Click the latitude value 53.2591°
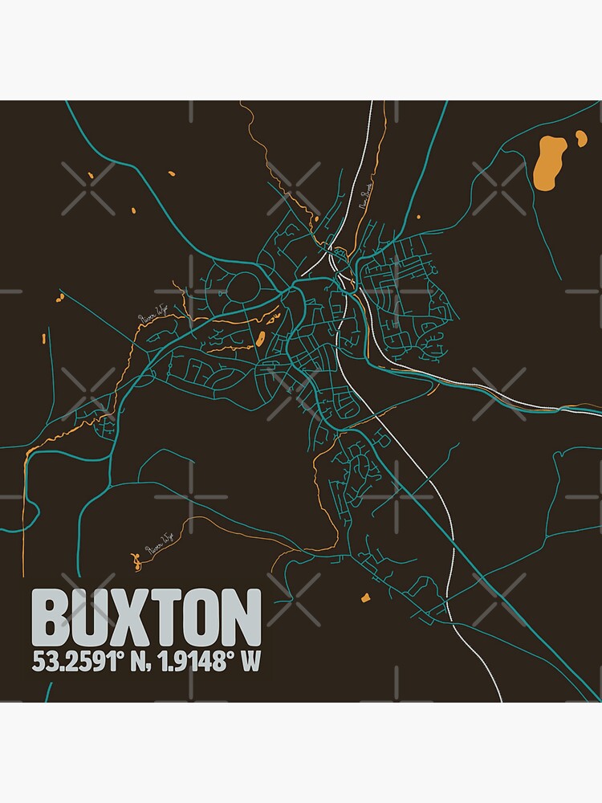pyautogui.click(x=73, y=662)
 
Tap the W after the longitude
pyautogui.click(x=252, y=662)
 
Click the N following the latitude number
pyautogui.click(x=131, y=662)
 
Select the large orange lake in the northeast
pyautogui.click(x=548, y=163)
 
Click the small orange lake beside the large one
pyautogui.click(x=580, y=141)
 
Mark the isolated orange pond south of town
pyautogui.click(x=366, y=597)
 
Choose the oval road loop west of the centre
pyautogui.click(x=245, y=287)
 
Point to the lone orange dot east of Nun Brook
pyautogui.click(x=418, y=214)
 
